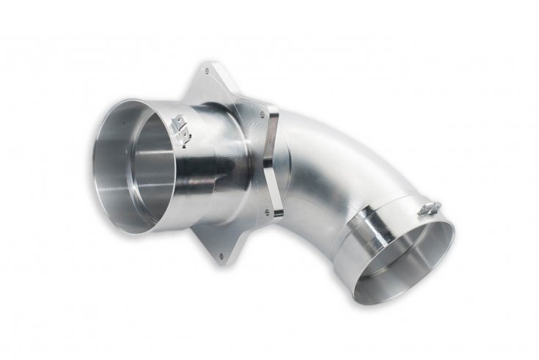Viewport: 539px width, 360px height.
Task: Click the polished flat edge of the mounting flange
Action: coord(274,161)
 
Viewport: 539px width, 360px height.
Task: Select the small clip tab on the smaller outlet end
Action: coord(430,209)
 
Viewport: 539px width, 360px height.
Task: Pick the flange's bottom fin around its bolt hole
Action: coord(220,246)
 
